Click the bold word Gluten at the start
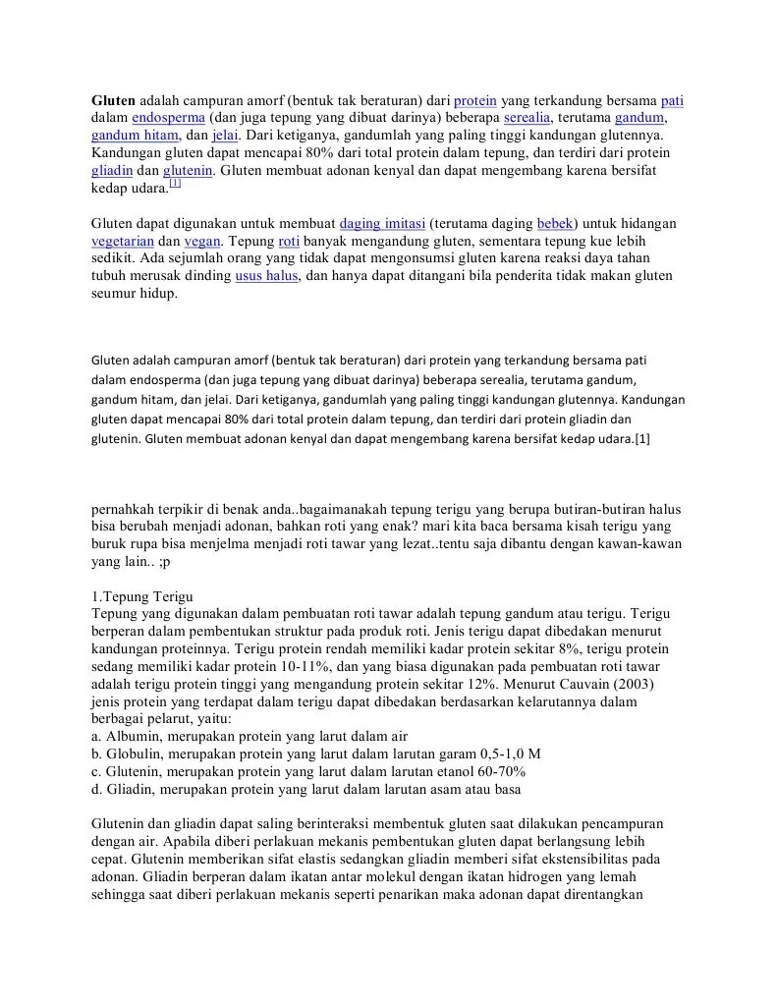point(114,100)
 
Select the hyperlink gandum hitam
point(136,136)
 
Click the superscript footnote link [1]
point(175,184)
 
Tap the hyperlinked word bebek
point(556,223)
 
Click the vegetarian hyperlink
point(122,241)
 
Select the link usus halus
point(266,276)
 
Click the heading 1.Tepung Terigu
point(142,597)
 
